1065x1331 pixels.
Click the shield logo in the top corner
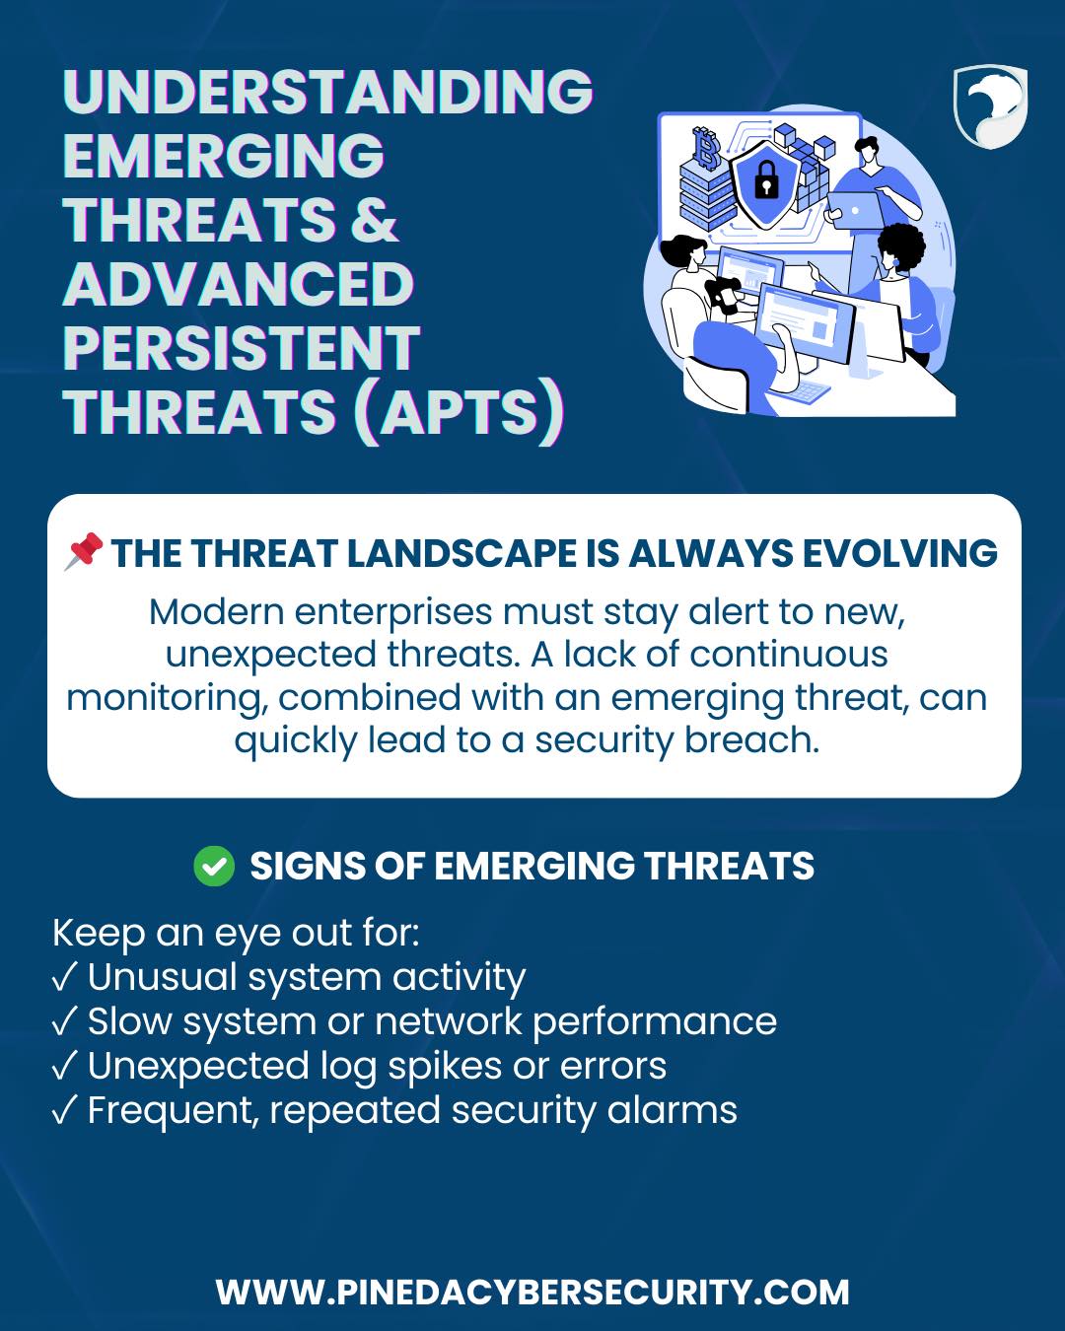coord(990,107)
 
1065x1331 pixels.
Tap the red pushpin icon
coord(84,550)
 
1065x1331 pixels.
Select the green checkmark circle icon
coord(214,866)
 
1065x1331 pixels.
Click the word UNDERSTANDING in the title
coord(328,92)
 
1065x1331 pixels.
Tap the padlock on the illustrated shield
coord(766,179)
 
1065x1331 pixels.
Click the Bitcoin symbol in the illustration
coord(705,149)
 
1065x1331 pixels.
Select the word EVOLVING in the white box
coord(899,552)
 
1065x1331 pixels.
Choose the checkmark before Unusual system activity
coord(65,977)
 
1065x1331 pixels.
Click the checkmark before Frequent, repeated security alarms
coord(65,1111)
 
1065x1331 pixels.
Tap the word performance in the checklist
coord(654,1022)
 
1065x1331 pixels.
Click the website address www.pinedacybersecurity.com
coord(532,1292)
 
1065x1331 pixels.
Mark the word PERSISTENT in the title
coord(242,347)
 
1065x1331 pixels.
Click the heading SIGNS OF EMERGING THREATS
coord(532,866)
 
